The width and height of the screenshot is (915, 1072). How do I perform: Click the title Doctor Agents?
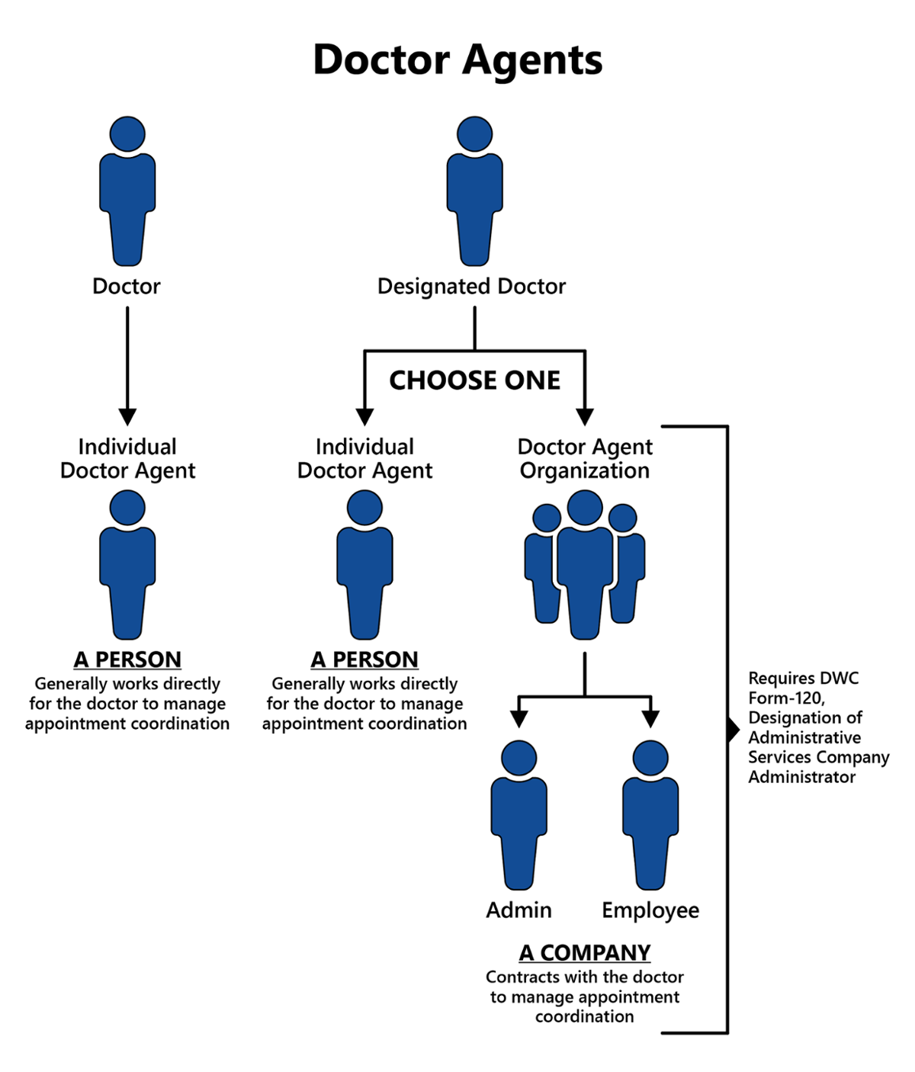coord(457,60)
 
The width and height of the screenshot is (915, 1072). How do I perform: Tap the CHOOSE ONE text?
coord(474,380)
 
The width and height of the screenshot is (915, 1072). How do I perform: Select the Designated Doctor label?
coord(471,287)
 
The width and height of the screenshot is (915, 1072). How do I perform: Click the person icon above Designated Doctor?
coord(474,191)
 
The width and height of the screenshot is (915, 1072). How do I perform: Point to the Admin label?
coord(518,910)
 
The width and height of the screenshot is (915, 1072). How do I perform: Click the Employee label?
coord(650,910)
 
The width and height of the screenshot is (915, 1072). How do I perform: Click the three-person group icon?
coord(585,564)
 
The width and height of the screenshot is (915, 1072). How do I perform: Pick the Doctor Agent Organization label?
coord(585,458)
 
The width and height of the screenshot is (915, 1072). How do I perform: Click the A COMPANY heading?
coord(585,952)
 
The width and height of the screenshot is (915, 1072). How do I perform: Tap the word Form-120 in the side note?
coord(785,698)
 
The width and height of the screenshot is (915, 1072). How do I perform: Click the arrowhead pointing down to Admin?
coord(519,718)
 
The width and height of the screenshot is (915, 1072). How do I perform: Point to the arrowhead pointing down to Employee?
coord(650,718)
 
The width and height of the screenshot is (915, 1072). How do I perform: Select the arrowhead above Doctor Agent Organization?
coord(585,416)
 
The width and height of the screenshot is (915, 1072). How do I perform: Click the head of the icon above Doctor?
coord(127,134)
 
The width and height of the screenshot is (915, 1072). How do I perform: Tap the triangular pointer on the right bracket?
coord(734,730)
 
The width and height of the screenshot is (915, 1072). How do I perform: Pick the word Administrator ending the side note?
coord(801,777)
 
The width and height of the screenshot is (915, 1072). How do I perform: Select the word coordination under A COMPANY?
coord(585,1016)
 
